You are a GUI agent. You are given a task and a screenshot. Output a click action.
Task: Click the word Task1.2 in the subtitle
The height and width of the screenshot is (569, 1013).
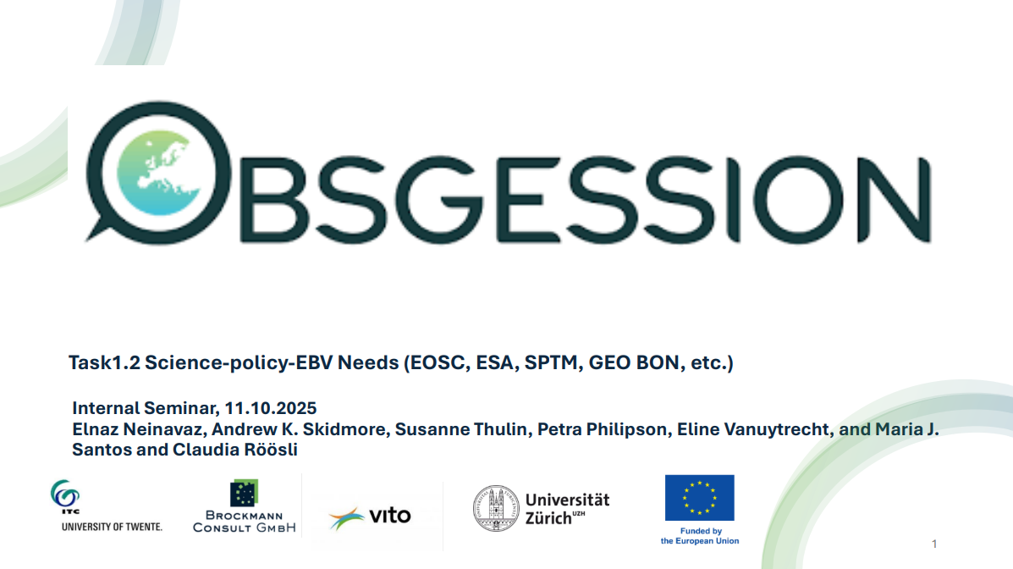(104, 363)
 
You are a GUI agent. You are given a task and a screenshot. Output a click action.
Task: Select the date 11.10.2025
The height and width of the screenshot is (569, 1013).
(275, 409)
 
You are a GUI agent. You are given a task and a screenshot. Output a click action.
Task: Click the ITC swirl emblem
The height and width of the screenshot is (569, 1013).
(63, 493)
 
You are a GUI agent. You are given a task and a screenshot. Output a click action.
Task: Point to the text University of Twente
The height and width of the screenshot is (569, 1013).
(112, 527)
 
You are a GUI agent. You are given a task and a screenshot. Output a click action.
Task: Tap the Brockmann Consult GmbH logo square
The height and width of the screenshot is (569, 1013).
(244, 493)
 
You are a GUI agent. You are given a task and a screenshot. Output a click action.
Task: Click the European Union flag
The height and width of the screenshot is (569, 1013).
(699, 498)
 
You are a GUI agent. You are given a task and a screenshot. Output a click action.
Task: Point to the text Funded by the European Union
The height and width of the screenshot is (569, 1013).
(699, 536)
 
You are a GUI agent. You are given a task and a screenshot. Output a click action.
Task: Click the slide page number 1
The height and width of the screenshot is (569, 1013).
(934, 544)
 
